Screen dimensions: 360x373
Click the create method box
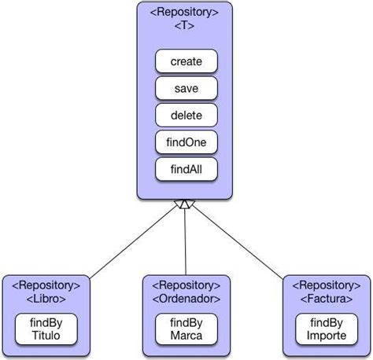[186, 61]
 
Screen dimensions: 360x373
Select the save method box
[186, 88]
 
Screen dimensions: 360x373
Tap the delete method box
[186, 116]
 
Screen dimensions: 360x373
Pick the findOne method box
[186, 142]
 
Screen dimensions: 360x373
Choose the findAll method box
[186, 169]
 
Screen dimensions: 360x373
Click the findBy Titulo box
[46, 329]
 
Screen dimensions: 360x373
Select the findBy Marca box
[186, 329]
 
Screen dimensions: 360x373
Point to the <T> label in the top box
[186, 26]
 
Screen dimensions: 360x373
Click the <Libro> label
[46, 298]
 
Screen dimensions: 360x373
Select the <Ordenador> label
[186, 298]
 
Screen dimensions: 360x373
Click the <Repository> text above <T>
[186, 12]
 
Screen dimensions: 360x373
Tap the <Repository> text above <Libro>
[46, 285]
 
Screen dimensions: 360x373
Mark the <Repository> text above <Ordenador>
[186, 285]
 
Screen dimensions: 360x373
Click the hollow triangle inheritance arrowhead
[185, 204]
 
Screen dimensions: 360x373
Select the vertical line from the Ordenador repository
[185, 244]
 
